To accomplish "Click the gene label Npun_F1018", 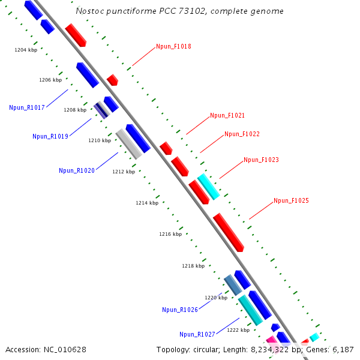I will pyautogui.click(x=173, y=46).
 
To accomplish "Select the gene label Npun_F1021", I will pyautogui.click(x=227, y=115).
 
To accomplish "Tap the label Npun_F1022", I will pyautogui.click(x=242, y=134).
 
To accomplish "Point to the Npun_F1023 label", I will pyautogui.click(x=261, y=160).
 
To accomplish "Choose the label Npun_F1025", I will pyautogui.click(x=291, y=200).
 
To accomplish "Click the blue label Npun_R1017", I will pyautogui.click(x=27, y=107).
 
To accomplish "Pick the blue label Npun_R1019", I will pyautogui.click(x=50, y=136).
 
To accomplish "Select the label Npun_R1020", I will pyautogui.click(x=77, y=170).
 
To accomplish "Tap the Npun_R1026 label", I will pyautogui.click(x=180, y=310).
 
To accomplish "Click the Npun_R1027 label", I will pyautogui.click(x=197, y=334).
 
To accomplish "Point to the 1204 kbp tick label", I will pyautogui.click(x=26, y=50).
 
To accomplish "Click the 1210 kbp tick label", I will pyautogui.click(x=100, y=140).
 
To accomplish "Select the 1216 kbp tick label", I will pyautogui.click(x=170, y=234).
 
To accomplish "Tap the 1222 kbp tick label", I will pyautogui.click(x=238, y=330).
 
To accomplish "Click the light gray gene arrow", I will pyautogui.click(x=129, y=144).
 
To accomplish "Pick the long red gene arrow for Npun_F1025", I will pyautogui.click(x=229, y=232).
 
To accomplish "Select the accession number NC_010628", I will pyautogui.click(x=65, y=349).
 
